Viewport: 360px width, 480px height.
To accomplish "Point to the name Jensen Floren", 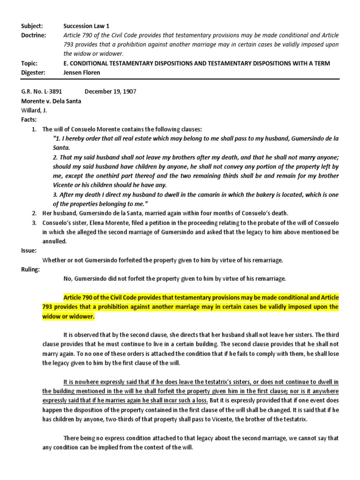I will (82, 73).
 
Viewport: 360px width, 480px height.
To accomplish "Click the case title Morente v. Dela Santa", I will (52, 101).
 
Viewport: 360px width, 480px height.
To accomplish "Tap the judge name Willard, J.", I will (36, 111).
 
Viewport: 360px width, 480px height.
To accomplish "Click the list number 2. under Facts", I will (34, 213).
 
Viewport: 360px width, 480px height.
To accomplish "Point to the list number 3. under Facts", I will (34, 223).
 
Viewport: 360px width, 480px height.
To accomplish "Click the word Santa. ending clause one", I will (61, 148).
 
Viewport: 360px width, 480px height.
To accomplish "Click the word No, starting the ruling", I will (68, 279).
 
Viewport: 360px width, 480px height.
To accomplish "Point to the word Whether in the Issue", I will (53, 260).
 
